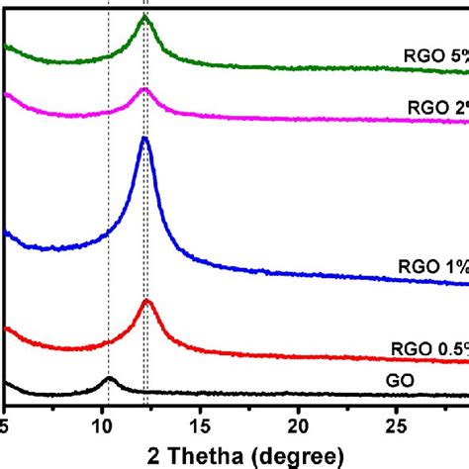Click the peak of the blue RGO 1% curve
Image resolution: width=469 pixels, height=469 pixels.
pyautogui.click(x=144, y=139)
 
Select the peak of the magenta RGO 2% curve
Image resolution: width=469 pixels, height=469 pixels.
pyautogui.click(x=144, y=90)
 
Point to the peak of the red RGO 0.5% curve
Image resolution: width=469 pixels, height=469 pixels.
pyautogui.click(x=147, y=300)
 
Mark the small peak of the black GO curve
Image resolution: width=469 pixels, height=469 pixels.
pyautogui.click(x=109, y=379)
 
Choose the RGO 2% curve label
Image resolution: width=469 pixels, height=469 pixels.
pyautogui.click(x=435, y=106)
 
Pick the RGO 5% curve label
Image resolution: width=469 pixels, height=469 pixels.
pyautogui.click(x=435, y=55)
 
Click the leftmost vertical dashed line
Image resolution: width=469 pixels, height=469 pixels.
pyautogui.click(x=109, y=198)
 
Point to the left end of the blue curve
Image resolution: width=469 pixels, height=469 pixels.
pyautogui.click(x=7, y=234)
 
